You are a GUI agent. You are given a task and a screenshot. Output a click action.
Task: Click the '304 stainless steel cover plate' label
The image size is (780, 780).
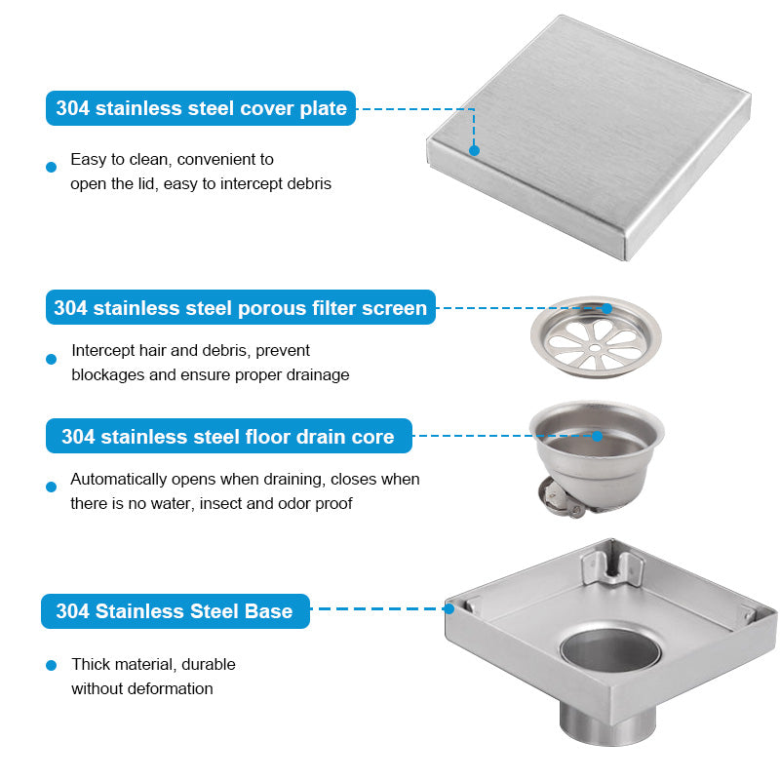[201, 108]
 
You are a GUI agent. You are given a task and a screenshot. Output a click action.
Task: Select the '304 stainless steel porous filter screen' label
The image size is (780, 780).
[240, 308]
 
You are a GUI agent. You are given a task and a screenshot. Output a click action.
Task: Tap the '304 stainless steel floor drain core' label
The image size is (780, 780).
[228, 436]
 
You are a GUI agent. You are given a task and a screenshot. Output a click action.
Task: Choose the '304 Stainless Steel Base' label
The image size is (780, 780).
[175, 611]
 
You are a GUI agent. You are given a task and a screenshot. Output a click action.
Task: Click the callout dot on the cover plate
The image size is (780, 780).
[474, 150]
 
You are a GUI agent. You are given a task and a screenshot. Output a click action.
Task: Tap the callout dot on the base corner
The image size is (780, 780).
[449, 608]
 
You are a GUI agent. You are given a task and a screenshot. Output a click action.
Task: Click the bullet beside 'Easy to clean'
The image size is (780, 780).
[52, 167]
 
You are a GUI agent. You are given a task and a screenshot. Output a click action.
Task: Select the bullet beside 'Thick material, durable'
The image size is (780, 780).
[52, 665]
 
